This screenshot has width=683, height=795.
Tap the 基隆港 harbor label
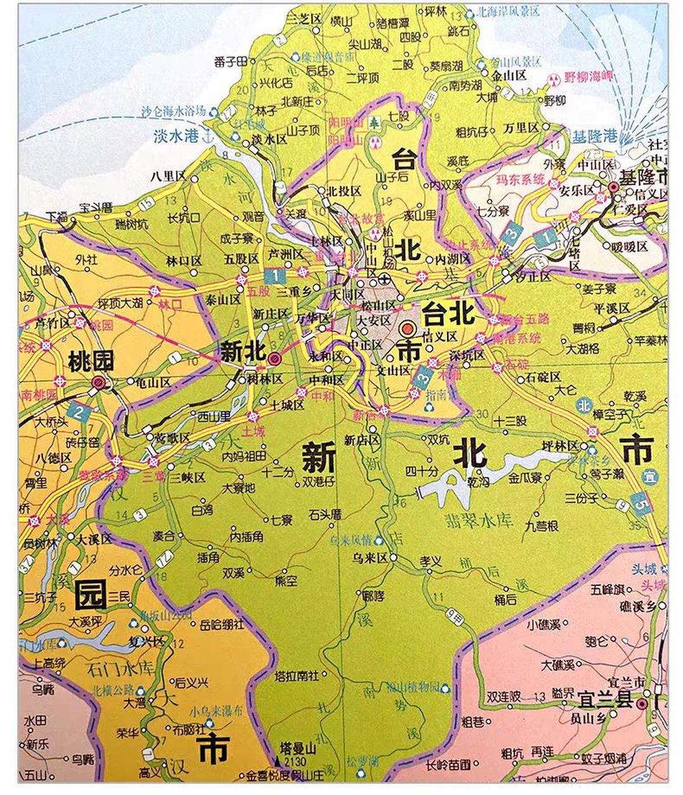point(594,135)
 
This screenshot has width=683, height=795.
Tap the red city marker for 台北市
point(408,329)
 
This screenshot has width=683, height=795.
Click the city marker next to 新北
point(274,357)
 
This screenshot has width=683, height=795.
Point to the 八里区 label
point(168,176)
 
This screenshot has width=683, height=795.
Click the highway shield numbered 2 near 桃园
point(79,411)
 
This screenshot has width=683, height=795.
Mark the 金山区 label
point(508,75)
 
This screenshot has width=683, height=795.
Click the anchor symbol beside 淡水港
point(209,138)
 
